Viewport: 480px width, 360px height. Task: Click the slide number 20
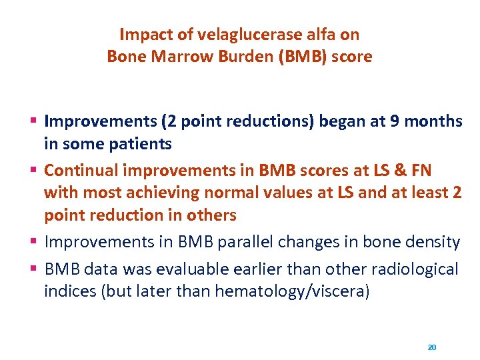click(x=431, y=347)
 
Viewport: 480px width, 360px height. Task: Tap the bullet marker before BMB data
click(x=34, y=269)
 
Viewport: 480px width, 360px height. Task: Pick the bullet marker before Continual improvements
click(x=34, y=169)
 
